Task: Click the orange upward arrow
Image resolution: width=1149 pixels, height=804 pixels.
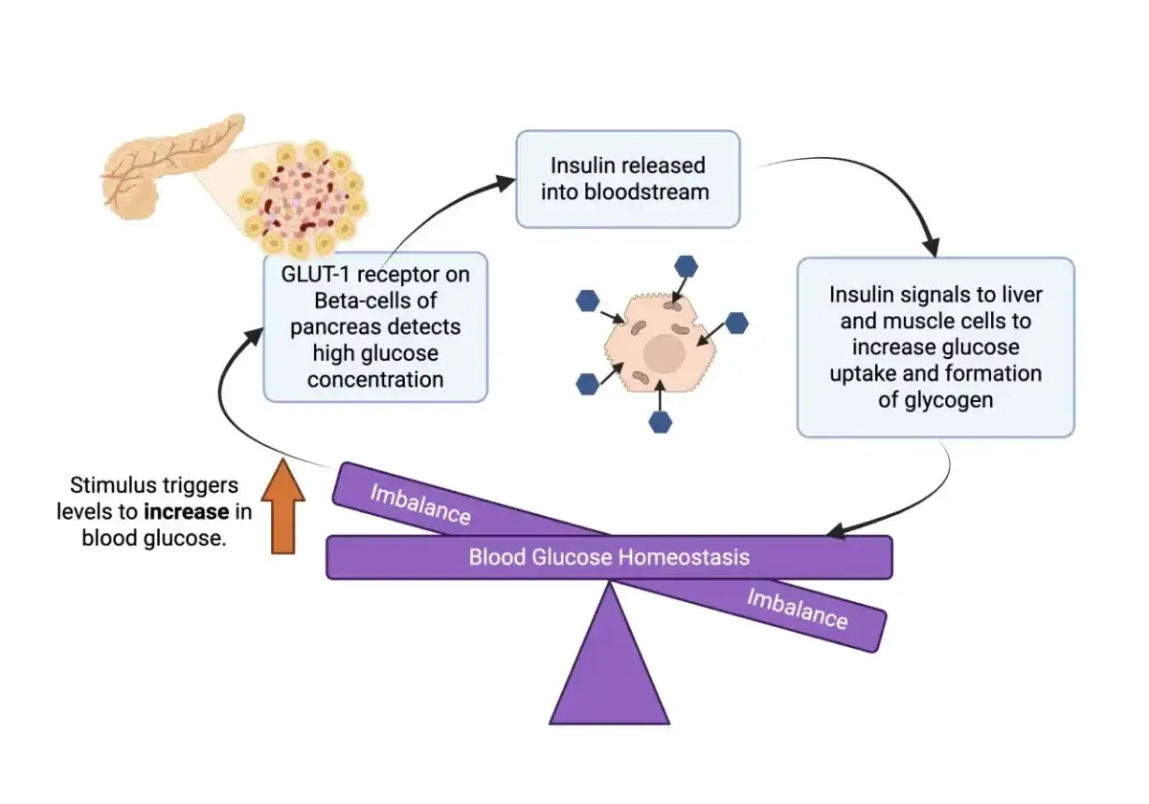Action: pos(283,505)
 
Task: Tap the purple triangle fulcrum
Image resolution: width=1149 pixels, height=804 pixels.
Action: pos(609,666)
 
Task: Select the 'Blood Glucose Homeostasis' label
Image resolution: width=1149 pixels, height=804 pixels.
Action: pos(609,557)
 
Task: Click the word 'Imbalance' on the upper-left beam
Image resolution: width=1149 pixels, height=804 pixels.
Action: pos(420,505)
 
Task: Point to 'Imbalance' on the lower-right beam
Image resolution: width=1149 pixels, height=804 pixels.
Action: pos(797,609)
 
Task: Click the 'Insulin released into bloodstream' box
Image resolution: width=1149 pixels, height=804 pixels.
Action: pos(628,179)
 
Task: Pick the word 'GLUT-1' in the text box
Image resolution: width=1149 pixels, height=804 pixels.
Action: pos(315,275)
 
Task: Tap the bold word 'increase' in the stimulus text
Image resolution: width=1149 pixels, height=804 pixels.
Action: pos(187,512)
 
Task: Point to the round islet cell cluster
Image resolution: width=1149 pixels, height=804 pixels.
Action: pos(304,198)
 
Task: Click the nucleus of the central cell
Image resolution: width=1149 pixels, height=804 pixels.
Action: pos(665,353)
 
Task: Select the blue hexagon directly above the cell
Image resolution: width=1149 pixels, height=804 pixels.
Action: pos(686,267)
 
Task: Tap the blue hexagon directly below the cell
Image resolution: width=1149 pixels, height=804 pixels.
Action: pos(660,422)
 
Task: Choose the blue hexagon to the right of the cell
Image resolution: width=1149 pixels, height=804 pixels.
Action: pos(736,324)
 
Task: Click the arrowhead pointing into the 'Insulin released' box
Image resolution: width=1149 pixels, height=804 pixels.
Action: pos(505,183)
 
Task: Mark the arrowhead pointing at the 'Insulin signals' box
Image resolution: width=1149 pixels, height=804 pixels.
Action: pos(932,247)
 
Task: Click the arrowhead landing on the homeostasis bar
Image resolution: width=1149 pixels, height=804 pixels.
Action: pos(836,531)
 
